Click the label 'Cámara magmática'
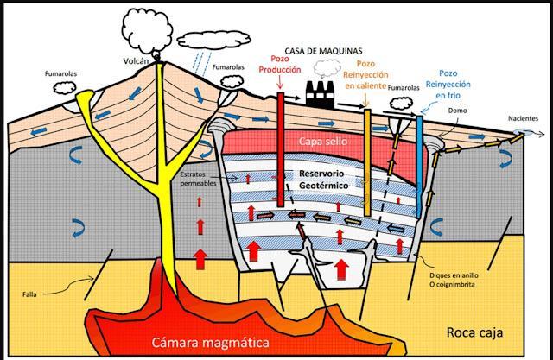[207, 341]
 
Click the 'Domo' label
[458, 111]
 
